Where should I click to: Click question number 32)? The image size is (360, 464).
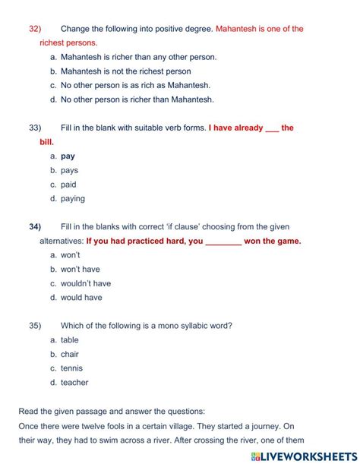pyautogui.click(x=34, y=29)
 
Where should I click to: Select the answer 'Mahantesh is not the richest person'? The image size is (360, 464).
pyautogui.click(x=125, y=71)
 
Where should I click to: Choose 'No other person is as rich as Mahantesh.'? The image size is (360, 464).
pyautogui.click(x=135, y=85)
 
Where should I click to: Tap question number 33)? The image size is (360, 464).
pyautogui.click(x=34, y=128)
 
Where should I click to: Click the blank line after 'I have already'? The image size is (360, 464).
pyautogui.click(x=272, y=128)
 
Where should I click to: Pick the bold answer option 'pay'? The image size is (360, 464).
pyautogui.click(x=68, y=156)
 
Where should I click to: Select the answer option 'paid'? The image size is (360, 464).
pyautogui.click(x=68, y=185)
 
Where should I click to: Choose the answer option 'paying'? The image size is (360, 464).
pyautogui.click(x=72, y=199)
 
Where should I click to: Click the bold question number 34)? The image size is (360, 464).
pyautogui.click(x=34, y=226)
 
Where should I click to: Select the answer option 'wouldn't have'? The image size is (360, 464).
pyautogui.click(x=85, y=283)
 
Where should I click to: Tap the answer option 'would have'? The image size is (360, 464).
pyautogui.click(x=81, y=298)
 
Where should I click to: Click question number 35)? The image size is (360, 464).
pyautogui.click(x=34, y=325)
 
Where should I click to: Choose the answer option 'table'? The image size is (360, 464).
pyautogui.click(x=69, y=340)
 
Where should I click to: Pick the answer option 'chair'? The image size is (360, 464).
pyautogui.click(x=69, y=354)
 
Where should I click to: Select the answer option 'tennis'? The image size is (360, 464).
pyautogui.click(x=71, y=368)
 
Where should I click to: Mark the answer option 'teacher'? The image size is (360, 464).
pyautogui.click(x=74, y=383)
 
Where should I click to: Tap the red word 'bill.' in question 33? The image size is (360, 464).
pyautogui.click(x=47, y=142)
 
